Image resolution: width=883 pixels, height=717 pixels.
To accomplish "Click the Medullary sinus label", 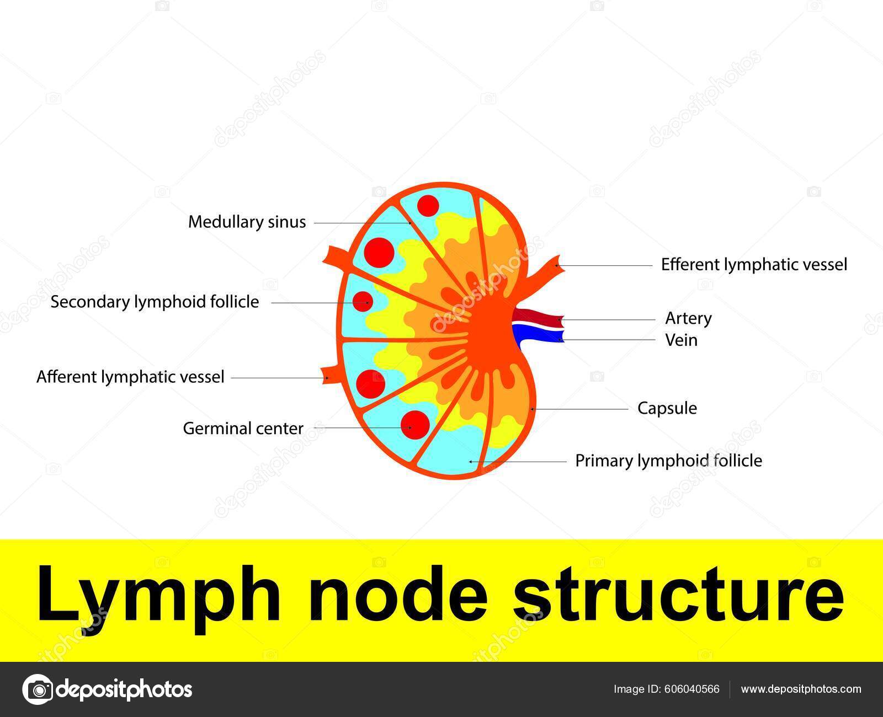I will click(x=247, y=222).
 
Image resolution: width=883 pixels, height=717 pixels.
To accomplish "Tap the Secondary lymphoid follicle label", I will click(x=155, y=302).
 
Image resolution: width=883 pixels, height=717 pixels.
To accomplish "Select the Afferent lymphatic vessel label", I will click(x=130, y=377).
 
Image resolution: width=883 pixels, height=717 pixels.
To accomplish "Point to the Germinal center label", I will click(x=243, y=429).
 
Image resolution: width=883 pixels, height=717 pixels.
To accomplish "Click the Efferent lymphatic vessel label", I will click(x=754, y=265).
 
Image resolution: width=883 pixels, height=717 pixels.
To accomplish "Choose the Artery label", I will click(x=688, y=318).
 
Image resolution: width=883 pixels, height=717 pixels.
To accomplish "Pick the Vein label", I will click(x=681, y=340).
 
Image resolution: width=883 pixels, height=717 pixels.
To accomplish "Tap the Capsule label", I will click(x=667, y=409).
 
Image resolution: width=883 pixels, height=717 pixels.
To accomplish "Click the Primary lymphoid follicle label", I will click(x=668, y=461).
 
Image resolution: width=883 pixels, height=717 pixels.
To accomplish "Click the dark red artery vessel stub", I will click(x=538, y=318).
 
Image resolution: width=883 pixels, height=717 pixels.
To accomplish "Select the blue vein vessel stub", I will click(x=538, y=334).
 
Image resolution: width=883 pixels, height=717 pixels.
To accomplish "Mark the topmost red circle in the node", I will click(x=428, y=206).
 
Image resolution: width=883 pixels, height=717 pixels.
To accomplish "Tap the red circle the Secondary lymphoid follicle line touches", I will click(x=363, y=301).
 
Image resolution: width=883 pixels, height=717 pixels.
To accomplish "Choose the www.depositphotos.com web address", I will click(x=801, y=689).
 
